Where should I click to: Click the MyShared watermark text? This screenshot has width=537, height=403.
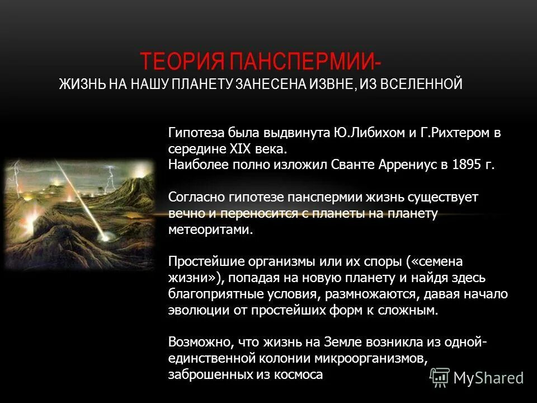coord(488,378)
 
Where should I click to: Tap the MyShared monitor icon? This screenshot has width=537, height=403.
coord(440,377)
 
